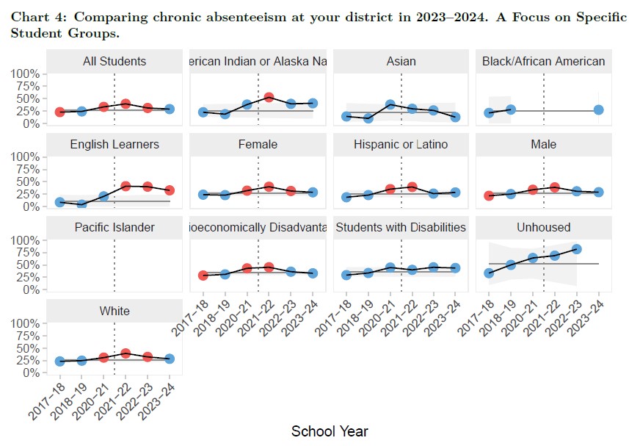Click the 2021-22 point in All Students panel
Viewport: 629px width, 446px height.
(126, 104)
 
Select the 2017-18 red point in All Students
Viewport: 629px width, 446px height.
(59, 112)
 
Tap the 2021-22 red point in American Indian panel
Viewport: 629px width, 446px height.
(269, 97)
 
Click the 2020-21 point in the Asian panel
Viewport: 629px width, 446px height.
(390, 104)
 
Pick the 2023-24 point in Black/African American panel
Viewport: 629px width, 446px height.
(598, 109)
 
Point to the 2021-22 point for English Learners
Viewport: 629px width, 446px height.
(126, 186)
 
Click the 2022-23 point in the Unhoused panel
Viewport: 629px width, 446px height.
(576, 249)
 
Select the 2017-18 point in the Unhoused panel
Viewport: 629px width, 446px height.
(489, 273)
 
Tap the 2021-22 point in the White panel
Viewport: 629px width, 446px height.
(126, 353)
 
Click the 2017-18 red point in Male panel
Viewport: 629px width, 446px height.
(489, 195)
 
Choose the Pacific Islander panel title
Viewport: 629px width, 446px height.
(114, 227)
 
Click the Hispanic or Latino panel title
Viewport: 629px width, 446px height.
(401, 144)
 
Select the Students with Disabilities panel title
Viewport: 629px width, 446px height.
(401, 227)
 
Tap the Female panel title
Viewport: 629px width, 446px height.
(258, 144)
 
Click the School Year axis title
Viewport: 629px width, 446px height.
(330, 431)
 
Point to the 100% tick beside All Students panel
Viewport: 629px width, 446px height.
(26, 73)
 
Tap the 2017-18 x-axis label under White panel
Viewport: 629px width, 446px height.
(45, 397)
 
